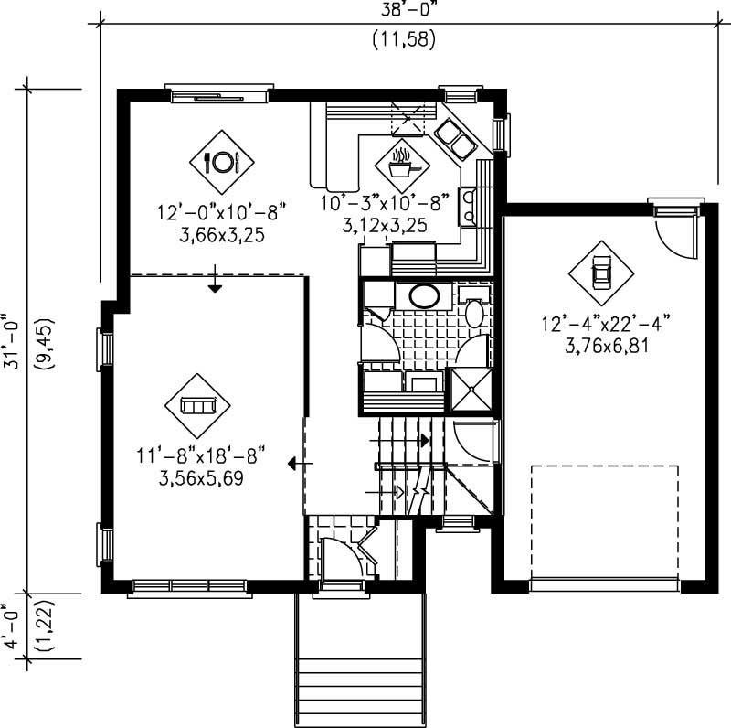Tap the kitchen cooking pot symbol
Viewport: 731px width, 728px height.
point(402,166)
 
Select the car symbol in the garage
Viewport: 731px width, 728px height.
point(600,272)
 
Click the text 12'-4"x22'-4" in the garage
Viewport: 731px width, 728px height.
point(607,323)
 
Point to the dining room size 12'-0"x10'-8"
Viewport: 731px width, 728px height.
point(222,212)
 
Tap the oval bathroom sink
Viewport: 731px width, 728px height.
point(423,295)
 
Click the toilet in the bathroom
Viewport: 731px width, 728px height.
point(474,311)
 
